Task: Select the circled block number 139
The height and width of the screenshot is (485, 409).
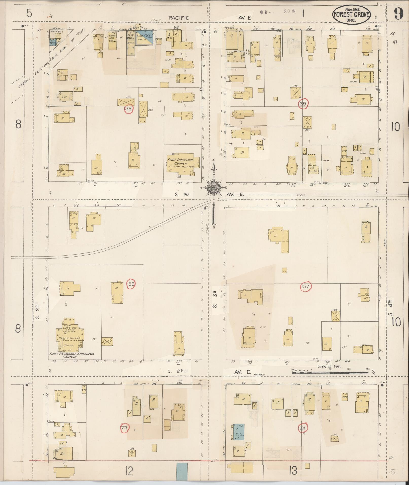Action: coord(303,104)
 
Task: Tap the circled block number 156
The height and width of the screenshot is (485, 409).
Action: coord(131,284)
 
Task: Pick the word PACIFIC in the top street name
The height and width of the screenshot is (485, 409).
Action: coord(179,18)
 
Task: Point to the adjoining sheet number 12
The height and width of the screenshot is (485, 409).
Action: coord(129,471)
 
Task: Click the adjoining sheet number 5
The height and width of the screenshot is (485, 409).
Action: coord(29,13)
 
